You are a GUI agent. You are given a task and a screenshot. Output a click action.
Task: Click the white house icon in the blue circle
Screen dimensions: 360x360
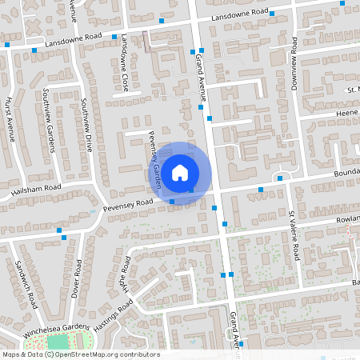180,172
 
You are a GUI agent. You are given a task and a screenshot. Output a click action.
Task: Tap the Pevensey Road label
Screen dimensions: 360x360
127,205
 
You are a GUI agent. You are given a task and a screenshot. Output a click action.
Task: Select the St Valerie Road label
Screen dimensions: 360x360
294,236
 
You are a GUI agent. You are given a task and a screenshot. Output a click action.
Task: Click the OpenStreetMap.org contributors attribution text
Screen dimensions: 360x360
108,354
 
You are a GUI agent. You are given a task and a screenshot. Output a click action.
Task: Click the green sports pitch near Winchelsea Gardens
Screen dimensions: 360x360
58,343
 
